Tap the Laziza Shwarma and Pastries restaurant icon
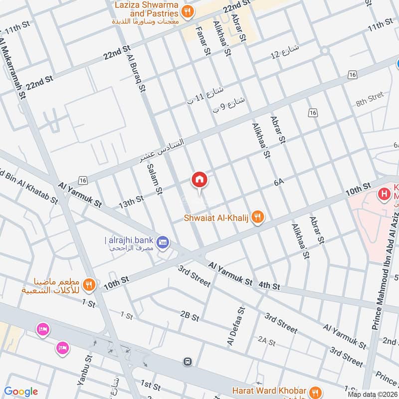click(x=188, y=11)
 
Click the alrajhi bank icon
click(x=163, y=242)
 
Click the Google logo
click(x=21, y=392)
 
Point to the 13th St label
click(x=131, y=202)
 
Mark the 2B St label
click(x=190, y=317)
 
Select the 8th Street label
click(x=370, y=99)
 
